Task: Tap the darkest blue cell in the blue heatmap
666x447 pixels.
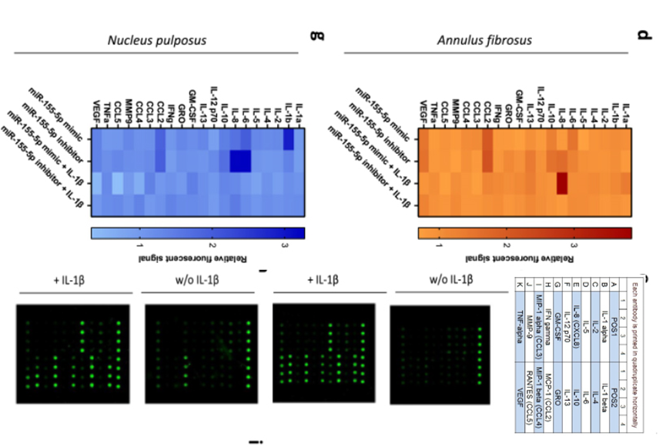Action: [x=241, y=161]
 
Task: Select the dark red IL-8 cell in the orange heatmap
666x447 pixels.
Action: [x=561, y=183]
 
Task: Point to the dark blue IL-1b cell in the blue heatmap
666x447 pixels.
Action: [x=289, y=139]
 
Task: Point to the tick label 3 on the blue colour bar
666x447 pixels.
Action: [x=285, y=244]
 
